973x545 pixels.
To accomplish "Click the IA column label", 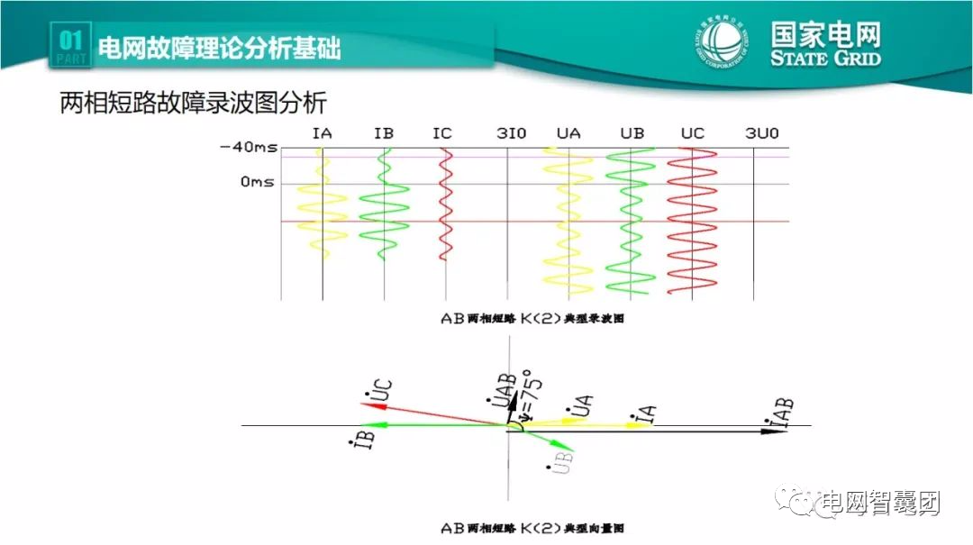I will point(323,133).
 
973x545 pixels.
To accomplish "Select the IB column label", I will point(384,133).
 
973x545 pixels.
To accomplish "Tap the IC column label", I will point(442,133).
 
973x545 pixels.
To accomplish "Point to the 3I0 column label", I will point(511,133).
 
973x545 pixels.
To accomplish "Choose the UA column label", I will point(568,133).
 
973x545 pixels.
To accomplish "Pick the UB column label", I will point(632,133).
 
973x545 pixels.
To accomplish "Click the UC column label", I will point(692,133).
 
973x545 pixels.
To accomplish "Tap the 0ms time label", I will point(256,183).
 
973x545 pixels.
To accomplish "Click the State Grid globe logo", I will point(721,42).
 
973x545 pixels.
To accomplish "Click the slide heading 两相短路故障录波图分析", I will point(192,102).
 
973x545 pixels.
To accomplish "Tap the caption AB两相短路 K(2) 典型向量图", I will point(532,528).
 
